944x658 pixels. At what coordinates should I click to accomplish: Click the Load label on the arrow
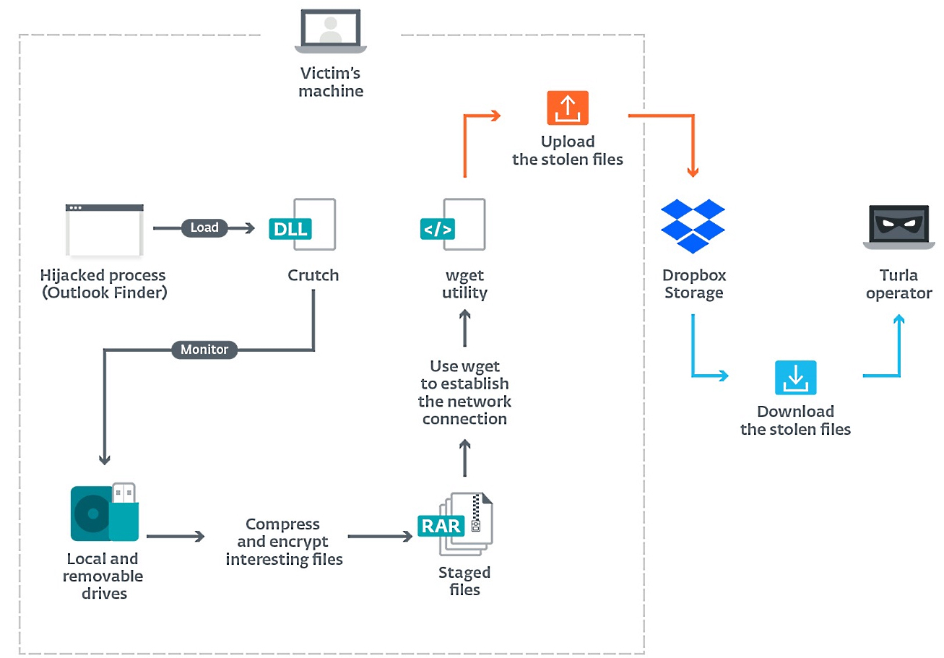tap(204, 228)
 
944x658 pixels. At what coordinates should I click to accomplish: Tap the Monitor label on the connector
tap(204, 350)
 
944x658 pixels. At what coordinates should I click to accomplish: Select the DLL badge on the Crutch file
tap(290, 229)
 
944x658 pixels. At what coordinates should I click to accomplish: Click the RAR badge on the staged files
tap(441, 525)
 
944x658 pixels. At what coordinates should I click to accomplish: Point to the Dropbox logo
tap(693, 225)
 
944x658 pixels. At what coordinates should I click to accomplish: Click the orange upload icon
tap(568, 108)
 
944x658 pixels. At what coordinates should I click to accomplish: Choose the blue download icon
tap(795, 378)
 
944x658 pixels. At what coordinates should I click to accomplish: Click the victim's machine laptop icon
tap(331, 33)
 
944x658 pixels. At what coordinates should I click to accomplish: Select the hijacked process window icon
tap(105, 230)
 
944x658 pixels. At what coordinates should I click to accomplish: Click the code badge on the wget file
tap(438, 229)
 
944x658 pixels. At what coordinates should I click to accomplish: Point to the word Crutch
tap(313, 275)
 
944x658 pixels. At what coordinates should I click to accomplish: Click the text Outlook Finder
tap(103, 293)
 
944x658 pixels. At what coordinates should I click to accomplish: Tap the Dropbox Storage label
tap(693, 284)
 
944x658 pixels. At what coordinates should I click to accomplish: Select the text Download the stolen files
tap(795, 420)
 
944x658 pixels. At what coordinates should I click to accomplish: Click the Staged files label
tap(464, 581)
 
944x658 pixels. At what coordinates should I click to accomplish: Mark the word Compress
tap(282, 524)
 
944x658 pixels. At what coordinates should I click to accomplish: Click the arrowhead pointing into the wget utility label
tap(464, 314)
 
